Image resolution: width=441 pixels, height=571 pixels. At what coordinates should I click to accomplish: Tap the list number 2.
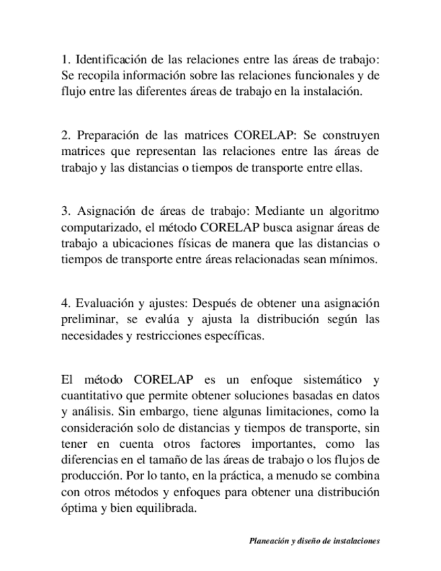[64, 135]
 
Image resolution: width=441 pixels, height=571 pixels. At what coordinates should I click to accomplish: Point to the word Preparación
[107, 135]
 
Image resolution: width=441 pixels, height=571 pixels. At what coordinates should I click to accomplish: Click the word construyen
[353, 135]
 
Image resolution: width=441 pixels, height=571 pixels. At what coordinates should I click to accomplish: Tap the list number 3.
[64, 211]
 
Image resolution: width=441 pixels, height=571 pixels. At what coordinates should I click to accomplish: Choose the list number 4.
[64, 302]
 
